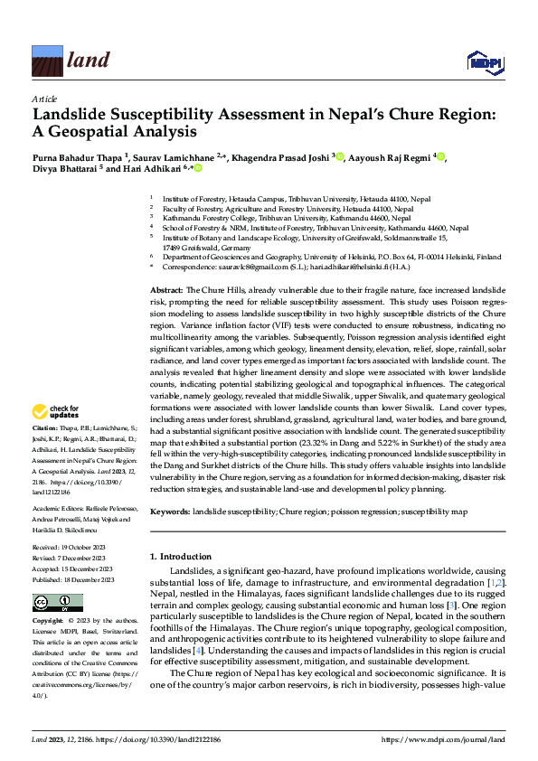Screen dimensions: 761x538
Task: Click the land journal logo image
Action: pyautogui.click(x=71, y=61)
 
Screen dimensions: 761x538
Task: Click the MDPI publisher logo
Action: pyautogui.click(x=483, y=61)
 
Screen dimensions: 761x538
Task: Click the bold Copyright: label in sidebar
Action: pyautogui.click(x=48, y=622)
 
